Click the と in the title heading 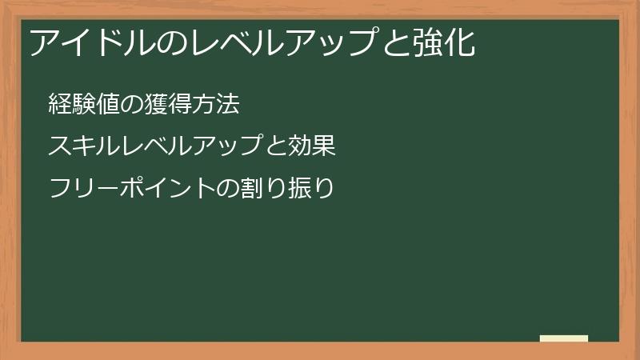pos(396,42)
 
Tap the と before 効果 pos(276,146)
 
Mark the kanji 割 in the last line pos(252,188)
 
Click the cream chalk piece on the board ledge pos(564,338)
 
